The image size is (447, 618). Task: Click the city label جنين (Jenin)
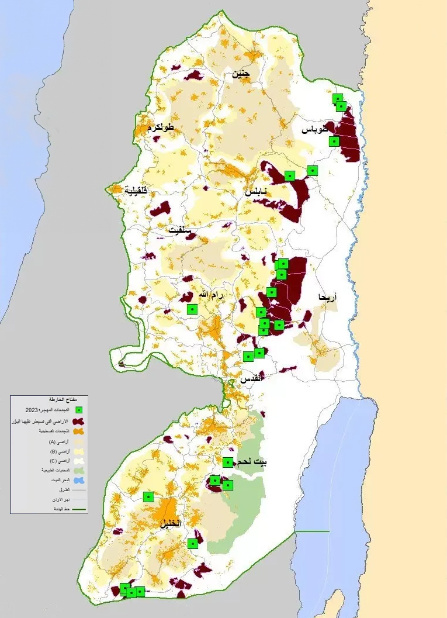241,74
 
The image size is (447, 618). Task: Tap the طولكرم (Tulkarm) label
157,127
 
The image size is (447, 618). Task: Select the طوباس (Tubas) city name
316,129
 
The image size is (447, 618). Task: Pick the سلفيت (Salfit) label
181,230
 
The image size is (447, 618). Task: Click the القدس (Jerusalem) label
251,378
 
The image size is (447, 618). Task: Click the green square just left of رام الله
192,309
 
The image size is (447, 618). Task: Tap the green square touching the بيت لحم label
228,462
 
